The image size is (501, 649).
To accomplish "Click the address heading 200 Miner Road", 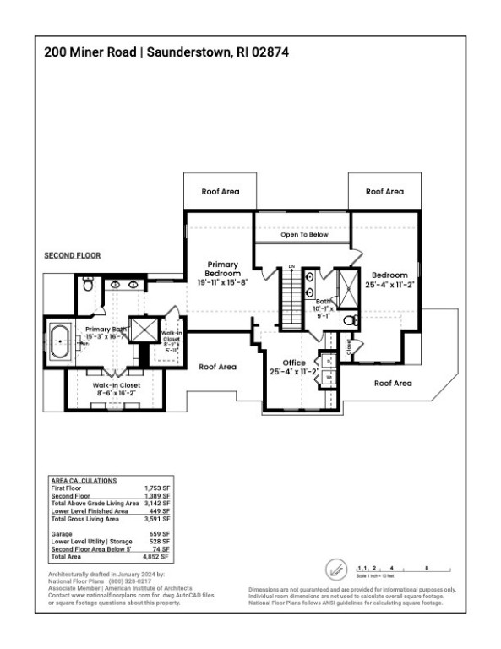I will tap(93, 52).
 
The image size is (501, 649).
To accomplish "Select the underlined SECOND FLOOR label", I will tap(72, 254).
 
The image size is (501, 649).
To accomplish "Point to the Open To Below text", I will tap(303, 235).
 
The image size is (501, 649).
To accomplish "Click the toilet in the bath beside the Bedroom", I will tap(351, 321).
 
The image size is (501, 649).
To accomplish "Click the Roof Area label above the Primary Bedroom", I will tap(220, 192).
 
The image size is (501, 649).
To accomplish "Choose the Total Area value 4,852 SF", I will tap(160, 558).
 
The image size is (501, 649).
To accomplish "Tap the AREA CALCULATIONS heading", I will tap(84, 481).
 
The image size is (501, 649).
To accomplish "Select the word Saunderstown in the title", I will tap(187, 52).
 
